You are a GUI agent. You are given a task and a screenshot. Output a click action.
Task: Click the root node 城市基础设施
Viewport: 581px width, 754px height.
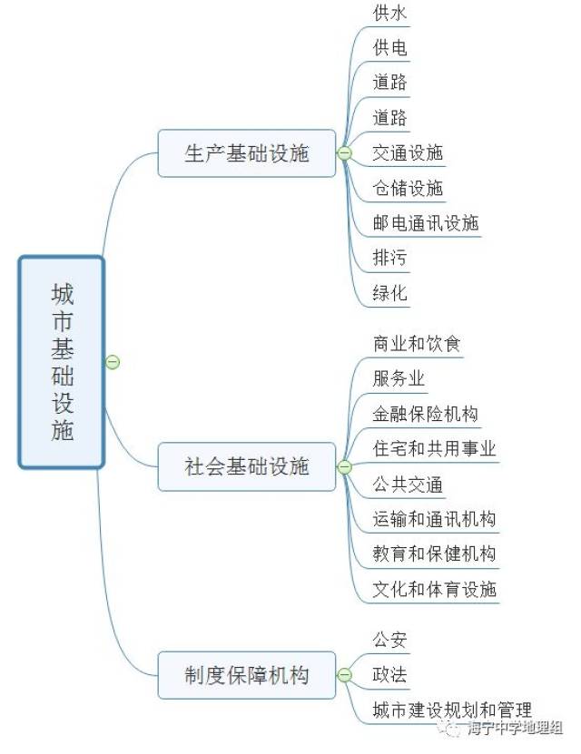62,362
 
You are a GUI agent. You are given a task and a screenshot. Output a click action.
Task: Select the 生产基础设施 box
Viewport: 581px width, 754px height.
247,153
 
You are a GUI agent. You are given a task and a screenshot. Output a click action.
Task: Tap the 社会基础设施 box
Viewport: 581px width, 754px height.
247,466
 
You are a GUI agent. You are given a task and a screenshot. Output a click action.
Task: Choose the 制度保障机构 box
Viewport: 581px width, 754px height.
247,675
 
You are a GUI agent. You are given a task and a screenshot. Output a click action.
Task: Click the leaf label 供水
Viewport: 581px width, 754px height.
390,13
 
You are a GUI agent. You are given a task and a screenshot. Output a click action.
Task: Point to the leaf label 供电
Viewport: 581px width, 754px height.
390,47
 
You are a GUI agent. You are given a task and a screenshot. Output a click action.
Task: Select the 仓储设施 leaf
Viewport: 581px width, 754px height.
408,188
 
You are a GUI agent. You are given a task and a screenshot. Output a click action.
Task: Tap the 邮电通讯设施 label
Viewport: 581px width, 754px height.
426,223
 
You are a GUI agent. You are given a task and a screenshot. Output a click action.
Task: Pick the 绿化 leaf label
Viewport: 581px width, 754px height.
390,293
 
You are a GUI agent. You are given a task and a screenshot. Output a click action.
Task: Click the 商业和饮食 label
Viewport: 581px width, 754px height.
417,344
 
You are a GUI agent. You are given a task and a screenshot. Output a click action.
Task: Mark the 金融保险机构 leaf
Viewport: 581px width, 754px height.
426,414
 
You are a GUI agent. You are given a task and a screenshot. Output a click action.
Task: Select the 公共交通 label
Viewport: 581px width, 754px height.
408,484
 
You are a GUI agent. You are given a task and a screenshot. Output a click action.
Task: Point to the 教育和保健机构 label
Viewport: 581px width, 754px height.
434,553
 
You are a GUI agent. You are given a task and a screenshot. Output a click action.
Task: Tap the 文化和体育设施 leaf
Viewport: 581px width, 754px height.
434,589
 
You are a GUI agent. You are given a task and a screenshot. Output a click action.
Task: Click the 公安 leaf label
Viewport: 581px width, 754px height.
390,640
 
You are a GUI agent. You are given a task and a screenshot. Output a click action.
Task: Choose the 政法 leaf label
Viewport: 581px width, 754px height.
390,675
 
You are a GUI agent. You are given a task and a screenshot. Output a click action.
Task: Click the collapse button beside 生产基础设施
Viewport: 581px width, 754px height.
344,153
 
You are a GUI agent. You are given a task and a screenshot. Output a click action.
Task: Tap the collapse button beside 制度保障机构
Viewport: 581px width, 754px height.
344,675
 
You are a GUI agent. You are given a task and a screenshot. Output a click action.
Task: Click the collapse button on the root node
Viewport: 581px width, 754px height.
113,362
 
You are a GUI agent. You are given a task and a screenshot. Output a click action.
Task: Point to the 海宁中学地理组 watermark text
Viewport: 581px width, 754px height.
514,728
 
